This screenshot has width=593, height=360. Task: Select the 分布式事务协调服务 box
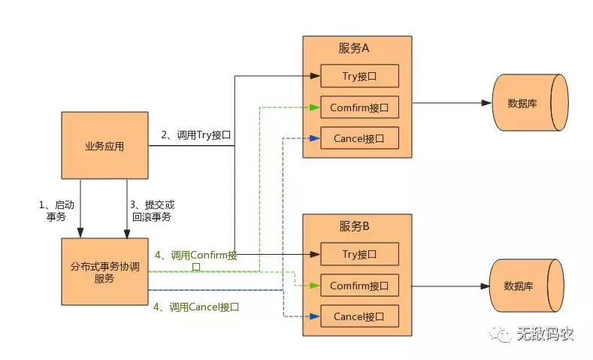104,271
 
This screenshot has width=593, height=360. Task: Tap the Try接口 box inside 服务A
359,76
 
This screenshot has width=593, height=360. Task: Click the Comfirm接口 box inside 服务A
359,107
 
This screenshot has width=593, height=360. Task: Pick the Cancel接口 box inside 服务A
359,138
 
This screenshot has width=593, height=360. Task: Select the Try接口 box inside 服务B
359,254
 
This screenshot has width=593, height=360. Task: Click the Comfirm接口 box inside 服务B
359,286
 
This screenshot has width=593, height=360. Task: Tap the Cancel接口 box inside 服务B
359,316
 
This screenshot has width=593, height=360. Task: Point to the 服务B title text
357,226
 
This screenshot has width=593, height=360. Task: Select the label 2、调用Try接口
195,135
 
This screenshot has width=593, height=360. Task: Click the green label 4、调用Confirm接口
195,260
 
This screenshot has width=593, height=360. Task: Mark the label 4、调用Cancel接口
195,307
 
